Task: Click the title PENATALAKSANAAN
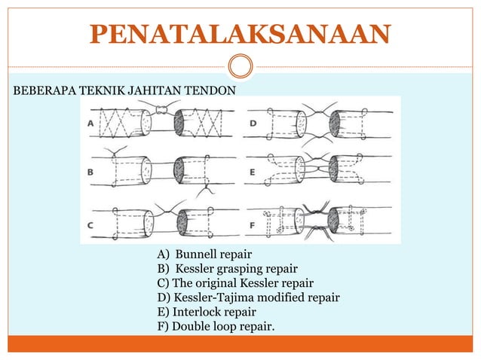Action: pyautogui.click(x=240, y=33)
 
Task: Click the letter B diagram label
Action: pyautogui.click(x=91, y=172)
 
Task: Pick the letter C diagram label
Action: pyautogui.click(x=91, y=224)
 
